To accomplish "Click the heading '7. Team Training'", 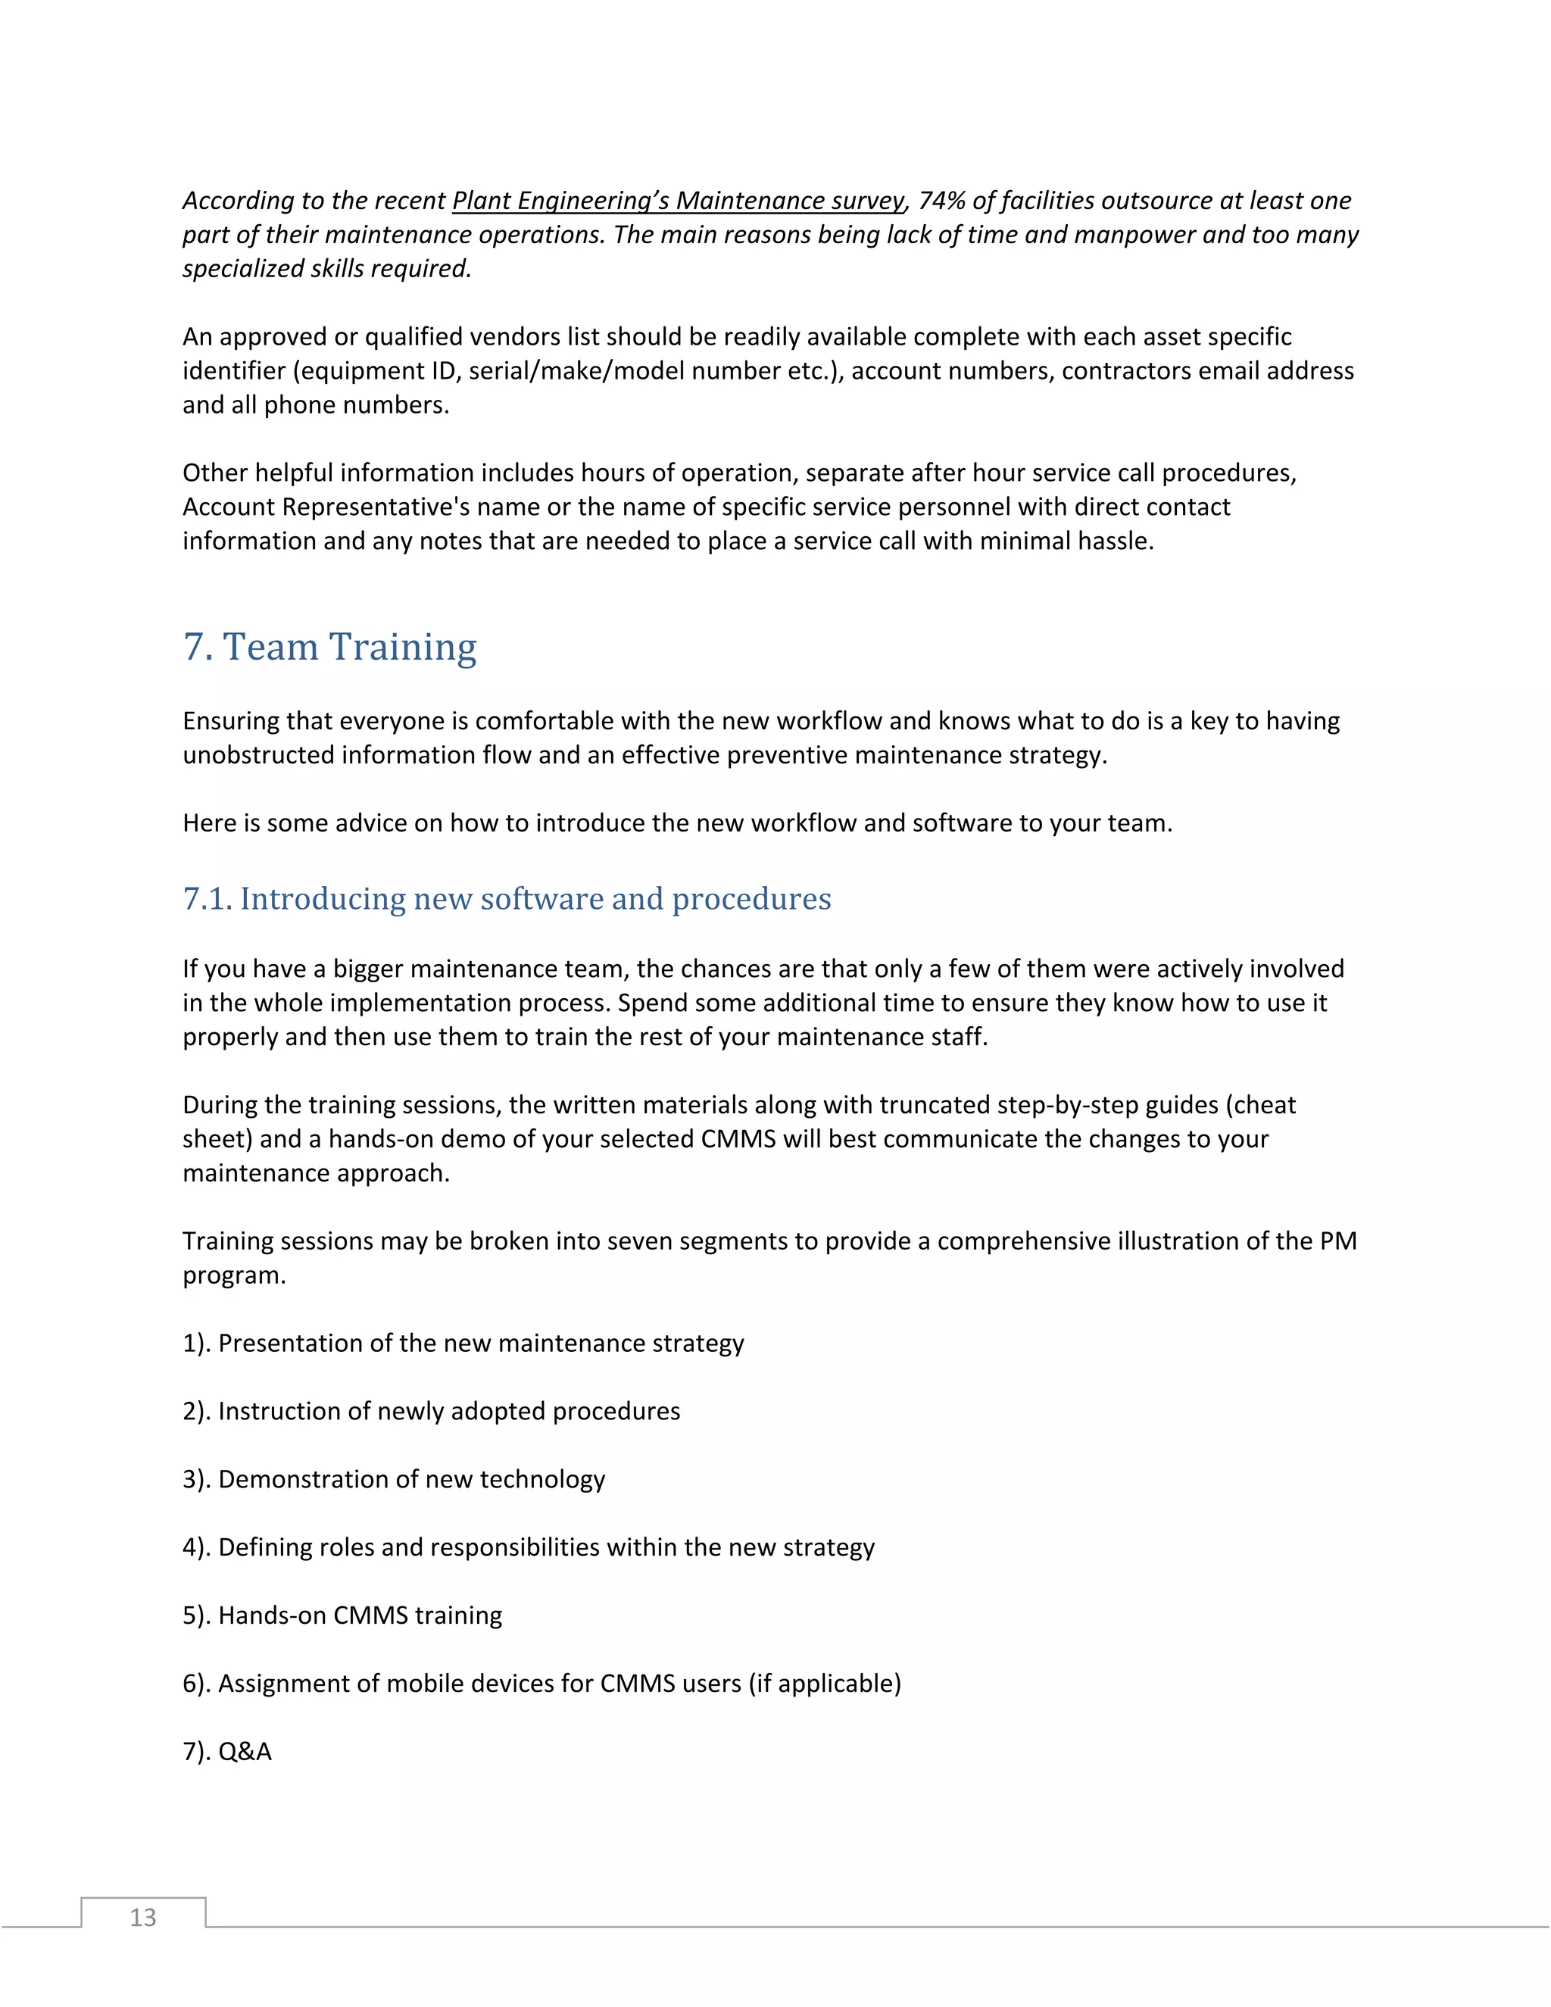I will (330, 647).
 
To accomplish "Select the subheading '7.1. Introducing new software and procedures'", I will (507, 899).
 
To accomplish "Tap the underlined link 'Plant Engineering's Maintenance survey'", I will (678, 201).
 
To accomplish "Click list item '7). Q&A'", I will (227, 1752).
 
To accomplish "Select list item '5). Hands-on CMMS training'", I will (342, 1615).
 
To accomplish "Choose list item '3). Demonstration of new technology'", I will (393, 1480).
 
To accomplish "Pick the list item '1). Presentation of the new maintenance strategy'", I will (462, 1344).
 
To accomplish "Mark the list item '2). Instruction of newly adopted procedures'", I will (431, 1412).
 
